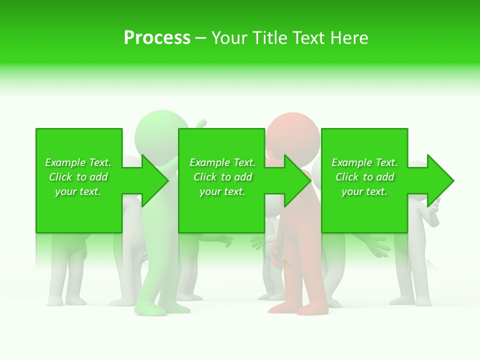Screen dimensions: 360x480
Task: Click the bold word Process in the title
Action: click(157, 38)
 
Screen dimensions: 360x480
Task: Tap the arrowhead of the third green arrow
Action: click(445, 180)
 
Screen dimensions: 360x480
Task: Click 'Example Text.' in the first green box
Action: click(78, 162)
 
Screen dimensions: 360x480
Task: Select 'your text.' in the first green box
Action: click(78, 191)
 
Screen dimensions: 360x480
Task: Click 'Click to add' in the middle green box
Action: click(222, 177)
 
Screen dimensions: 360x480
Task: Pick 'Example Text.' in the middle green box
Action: click(222, 162)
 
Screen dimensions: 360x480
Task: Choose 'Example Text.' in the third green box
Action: click(364, 162)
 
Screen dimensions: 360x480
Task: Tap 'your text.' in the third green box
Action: click(364, 191)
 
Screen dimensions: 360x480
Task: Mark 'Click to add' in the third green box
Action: click(364, 177)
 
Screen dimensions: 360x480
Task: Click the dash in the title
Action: click(200, 38)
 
